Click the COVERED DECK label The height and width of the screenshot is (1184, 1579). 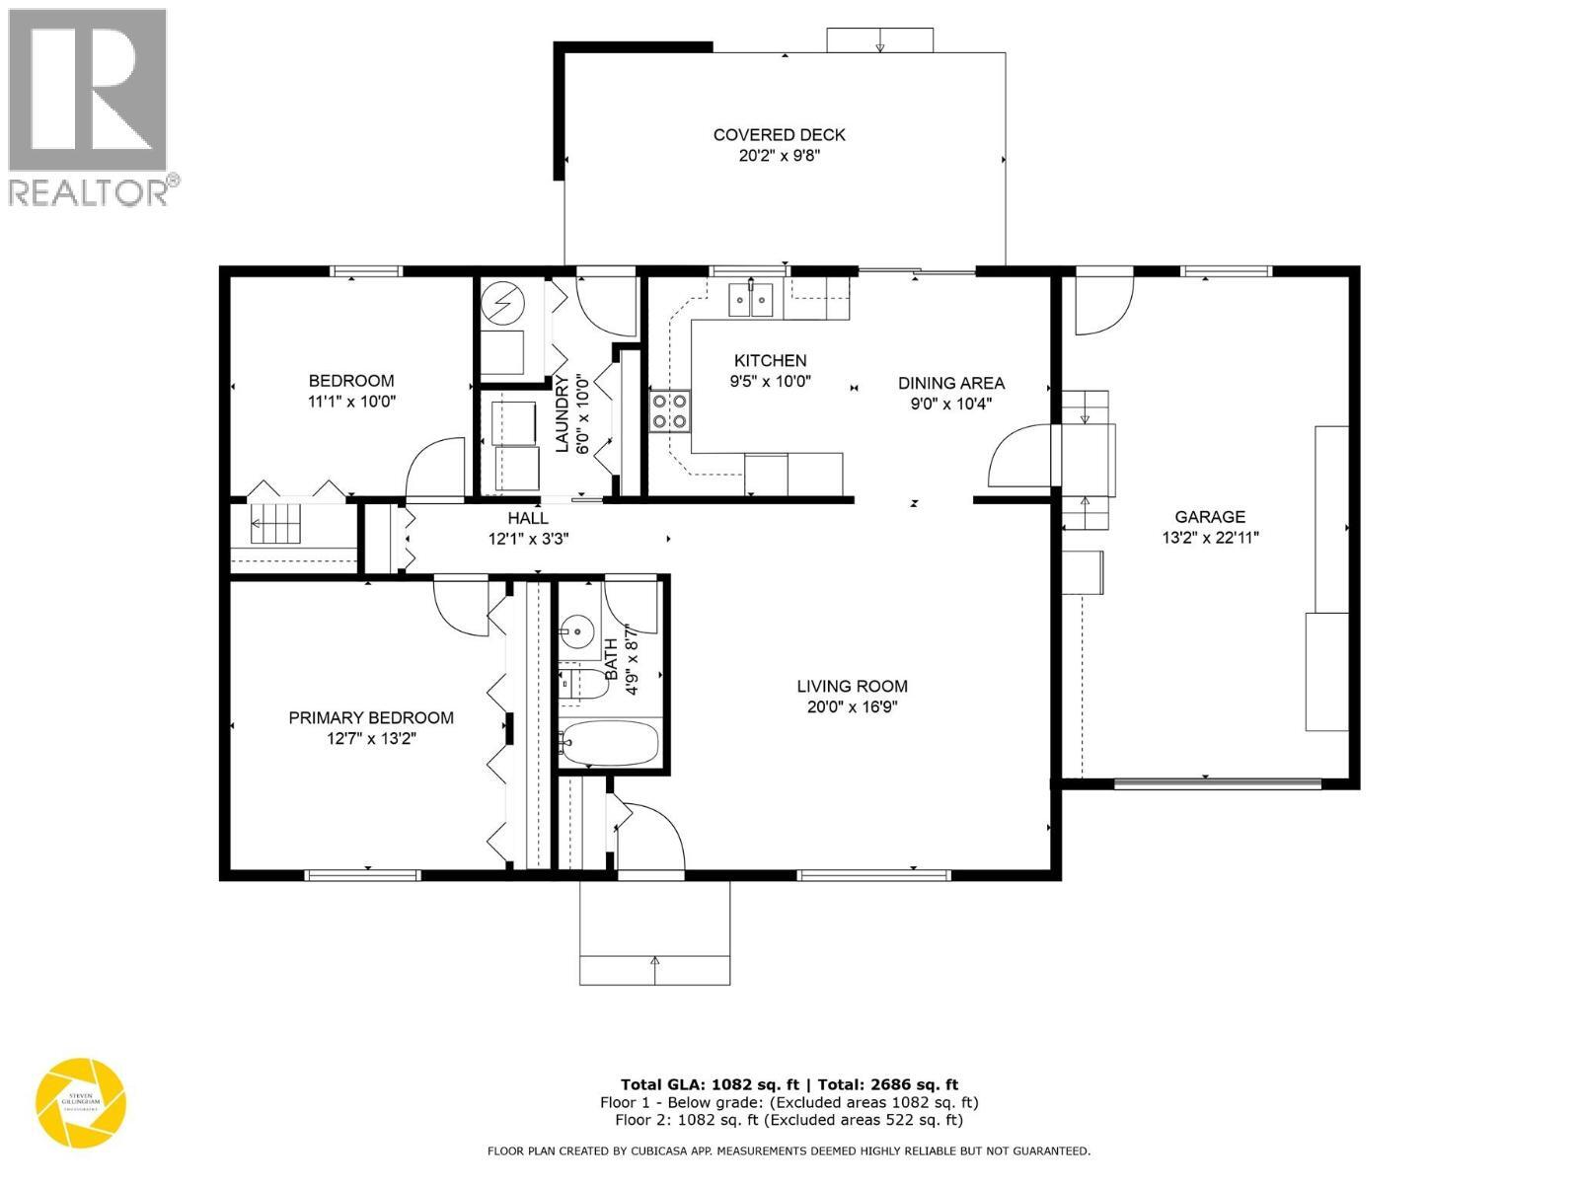tap(779, 135)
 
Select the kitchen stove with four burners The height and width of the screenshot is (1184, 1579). tap(670, 411)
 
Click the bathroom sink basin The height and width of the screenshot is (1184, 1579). tap(575, 629)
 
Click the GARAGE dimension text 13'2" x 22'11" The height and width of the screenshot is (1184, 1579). tap(1209, 538)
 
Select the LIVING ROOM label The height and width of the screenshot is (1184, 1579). tap(852, 686)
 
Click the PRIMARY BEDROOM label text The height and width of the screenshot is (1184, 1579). tap(371, 718)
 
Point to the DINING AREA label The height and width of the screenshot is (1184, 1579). tap(950, 383)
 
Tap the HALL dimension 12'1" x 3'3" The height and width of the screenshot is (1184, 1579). tap(528, 540)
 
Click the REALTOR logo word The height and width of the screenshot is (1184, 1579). tap(89, 191)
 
